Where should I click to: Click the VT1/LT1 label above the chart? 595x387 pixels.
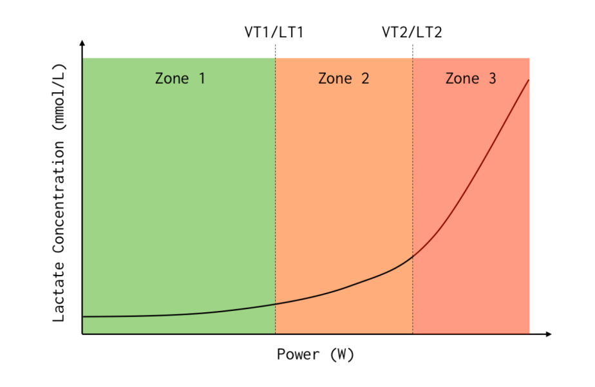274,32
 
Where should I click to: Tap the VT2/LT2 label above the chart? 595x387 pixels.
411,32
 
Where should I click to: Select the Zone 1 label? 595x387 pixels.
180,79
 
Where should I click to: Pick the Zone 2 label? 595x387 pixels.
343,79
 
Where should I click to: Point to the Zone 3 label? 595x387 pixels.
471,79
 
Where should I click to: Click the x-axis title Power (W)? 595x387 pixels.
316,354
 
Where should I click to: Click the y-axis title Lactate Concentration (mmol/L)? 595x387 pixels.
59,193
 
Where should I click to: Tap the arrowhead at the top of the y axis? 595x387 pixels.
82,43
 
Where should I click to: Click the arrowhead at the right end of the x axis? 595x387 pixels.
549,334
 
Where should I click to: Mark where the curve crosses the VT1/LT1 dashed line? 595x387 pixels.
276,304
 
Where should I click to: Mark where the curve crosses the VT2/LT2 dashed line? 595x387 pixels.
413,256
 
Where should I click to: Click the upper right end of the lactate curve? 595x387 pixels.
529,80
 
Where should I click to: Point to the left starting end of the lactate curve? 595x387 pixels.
84,316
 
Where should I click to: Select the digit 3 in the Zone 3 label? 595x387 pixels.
493,79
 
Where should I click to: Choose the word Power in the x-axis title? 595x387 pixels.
299,354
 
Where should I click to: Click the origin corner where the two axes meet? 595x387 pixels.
82,334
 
